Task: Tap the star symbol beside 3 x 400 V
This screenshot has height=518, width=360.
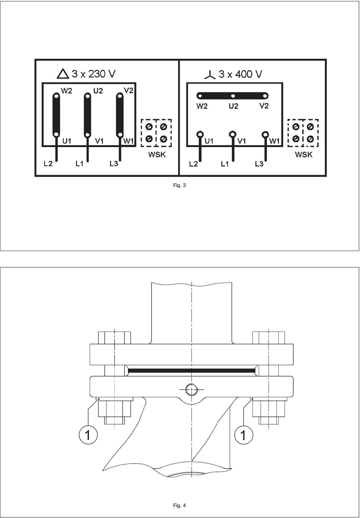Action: [x=210, y=75]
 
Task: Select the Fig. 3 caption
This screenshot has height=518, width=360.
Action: [x=179, y=185]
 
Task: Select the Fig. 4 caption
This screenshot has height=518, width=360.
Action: [x=179, y=506]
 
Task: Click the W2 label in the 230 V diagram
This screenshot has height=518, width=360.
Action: [x=67, y=91]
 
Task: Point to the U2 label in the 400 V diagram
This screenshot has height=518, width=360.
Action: [x=233, y=106]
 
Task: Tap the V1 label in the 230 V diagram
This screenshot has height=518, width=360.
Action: [x=99, y=141]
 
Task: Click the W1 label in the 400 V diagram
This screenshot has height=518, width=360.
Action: [x=274, y=141]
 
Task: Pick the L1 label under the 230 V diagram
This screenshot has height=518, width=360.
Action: [x=79, y=164]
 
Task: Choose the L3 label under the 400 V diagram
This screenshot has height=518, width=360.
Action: [x=259, y=164]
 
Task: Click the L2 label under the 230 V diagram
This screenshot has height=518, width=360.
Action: [x=48, y=164]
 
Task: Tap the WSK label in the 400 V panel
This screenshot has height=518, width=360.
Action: [x=304, y=155]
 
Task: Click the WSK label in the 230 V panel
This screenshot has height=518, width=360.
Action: [x=157, y=155]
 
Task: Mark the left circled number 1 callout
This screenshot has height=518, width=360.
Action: [x=88, y=436]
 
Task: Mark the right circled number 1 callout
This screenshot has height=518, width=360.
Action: [x=244, y=436]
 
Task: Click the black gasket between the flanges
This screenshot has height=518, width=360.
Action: [x=192, y=371]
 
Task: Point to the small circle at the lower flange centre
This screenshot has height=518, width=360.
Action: [x=192, y=389]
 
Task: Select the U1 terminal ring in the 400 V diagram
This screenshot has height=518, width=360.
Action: [x=200, y=134]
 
